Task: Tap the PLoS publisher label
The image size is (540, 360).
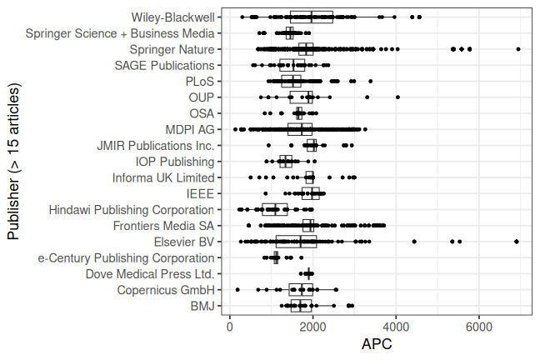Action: pos(200,82)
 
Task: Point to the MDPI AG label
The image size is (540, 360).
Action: pos(190,130)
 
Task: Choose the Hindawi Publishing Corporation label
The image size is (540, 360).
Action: pos(132,210)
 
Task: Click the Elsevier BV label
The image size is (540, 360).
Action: pos(184,242)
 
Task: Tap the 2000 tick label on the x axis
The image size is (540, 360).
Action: pos(313,328)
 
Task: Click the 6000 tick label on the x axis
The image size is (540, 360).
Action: pos(479,328)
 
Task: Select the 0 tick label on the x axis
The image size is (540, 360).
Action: pos(230,328)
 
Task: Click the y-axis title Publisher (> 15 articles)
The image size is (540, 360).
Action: pos(13,162)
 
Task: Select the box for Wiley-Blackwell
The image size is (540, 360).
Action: pos(312,17)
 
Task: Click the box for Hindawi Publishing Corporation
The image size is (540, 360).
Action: pos(275,210)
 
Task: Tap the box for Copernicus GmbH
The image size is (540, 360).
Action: pos(301,290)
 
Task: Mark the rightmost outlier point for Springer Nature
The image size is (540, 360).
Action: pos(518,49)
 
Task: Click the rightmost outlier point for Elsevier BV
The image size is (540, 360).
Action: pos(517,242)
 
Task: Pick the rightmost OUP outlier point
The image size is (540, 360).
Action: pos(397,97)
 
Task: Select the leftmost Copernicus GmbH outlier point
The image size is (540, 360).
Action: pos(238,290)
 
